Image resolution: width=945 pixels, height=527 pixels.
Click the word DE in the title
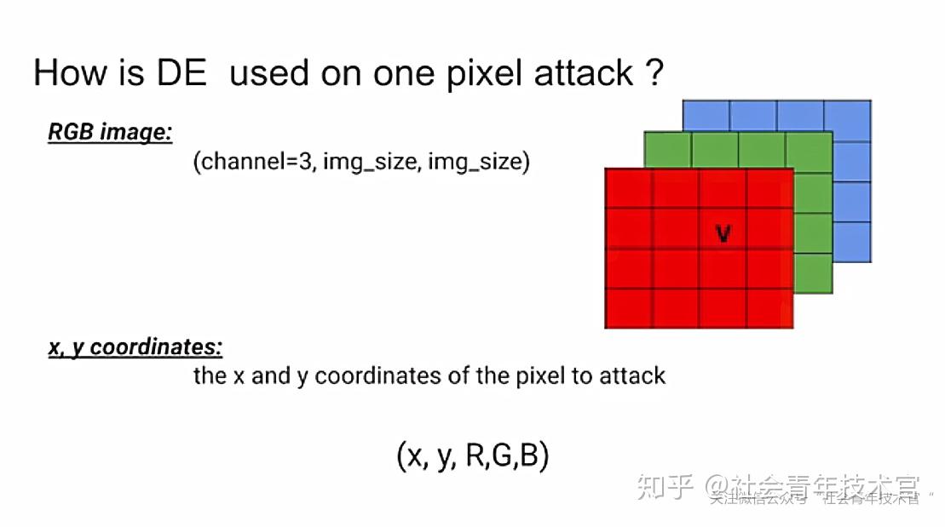(181, 73)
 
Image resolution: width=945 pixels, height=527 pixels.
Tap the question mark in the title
(653, 73)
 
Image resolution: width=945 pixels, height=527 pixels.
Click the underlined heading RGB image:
(110, 132)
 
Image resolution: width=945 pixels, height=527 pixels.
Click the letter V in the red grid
(723, 233)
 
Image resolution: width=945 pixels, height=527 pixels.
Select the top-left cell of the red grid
(628, 189)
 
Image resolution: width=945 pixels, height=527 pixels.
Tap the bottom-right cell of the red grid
(769, 308)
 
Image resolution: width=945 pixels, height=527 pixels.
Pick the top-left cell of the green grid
(667, 150)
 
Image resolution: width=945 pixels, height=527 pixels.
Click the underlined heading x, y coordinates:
(135, 347)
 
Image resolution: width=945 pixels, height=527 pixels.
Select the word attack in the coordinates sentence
(632, 375)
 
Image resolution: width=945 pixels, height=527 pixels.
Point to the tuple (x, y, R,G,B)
(473, 456)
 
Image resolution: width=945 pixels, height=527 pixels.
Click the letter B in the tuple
(529, 456)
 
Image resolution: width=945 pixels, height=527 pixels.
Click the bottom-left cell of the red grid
(628, 308)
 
